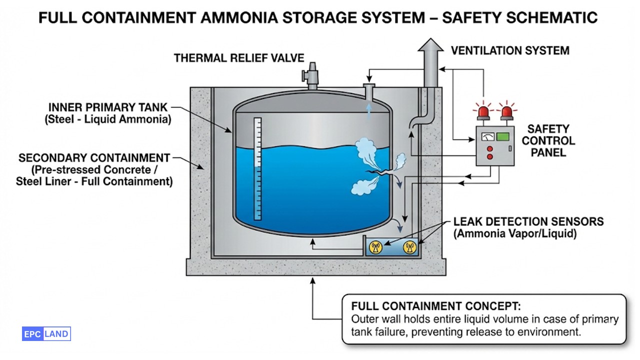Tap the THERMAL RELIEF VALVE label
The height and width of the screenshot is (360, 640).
point(239,58)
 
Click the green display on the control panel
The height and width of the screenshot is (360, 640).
point(502,136)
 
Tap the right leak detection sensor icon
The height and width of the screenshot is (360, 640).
point(409,247)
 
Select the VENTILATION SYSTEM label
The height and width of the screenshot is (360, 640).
point(510,50)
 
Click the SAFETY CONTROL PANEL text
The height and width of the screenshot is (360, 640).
point(548,140)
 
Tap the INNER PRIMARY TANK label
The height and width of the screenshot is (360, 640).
point(108,107)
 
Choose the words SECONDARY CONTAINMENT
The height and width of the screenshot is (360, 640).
point(94,158)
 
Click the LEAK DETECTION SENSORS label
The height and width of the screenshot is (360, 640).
point(528,221)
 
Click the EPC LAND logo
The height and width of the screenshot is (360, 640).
point(46,334)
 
